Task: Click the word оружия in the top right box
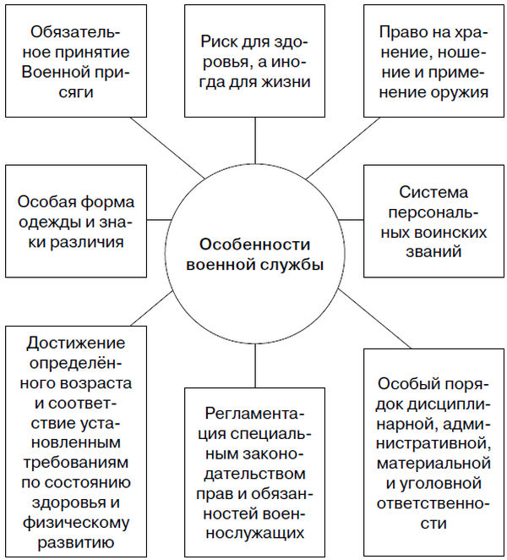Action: tap(457, 92)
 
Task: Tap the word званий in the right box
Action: tap(433, 251)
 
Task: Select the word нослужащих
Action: tap(253, 534)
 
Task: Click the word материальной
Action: tap(435, 463)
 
